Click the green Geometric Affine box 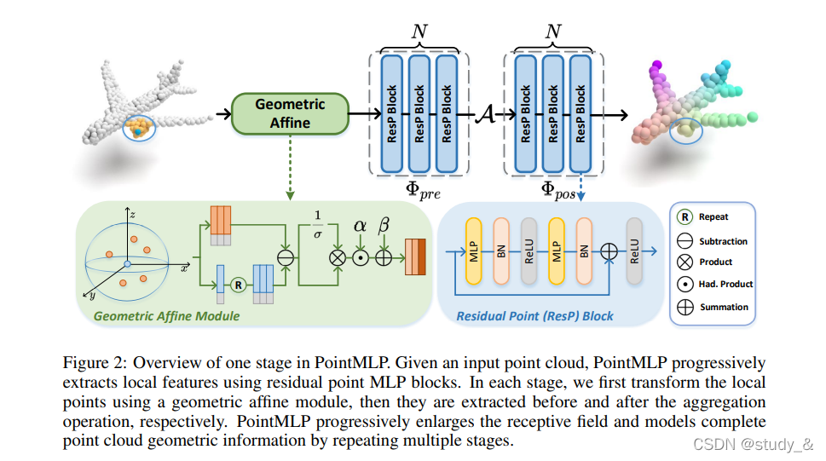pos(291,113)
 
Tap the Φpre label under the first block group pos(423,191)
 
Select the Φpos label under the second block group pos(558,191)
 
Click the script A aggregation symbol pos(485,114)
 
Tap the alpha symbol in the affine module pos(360,226)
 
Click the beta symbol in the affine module pos(384,225)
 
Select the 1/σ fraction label pos(318,225)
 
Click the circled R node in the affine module pos(238,285)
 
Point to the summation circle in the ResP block pos(609,251)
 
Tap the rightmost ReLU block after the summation pos(634,251)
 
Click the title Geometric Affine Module pos(166,316)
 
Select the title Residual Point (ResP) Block pos(534,316)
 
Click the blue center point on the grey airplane pos(137,131)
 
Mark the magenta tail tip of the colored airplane pos(656,66)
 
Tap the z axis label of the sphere pos(133,215)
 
